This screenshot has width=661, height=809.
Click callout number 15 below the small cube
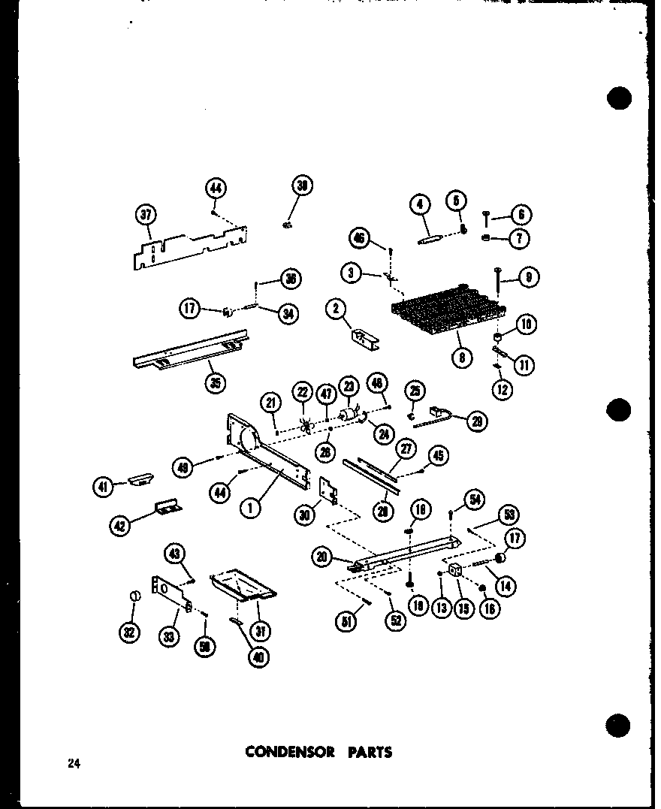(x=463, y=608)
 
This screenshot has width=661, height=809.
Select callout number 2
(x=337, y=308)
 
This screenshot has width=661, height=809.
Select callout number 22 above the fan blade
(x=303, y=392)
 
